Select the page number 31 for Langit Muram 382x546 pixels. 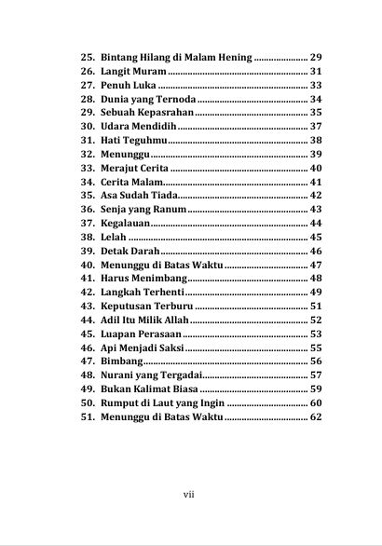pyautogui.click(x=315, y=71)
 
